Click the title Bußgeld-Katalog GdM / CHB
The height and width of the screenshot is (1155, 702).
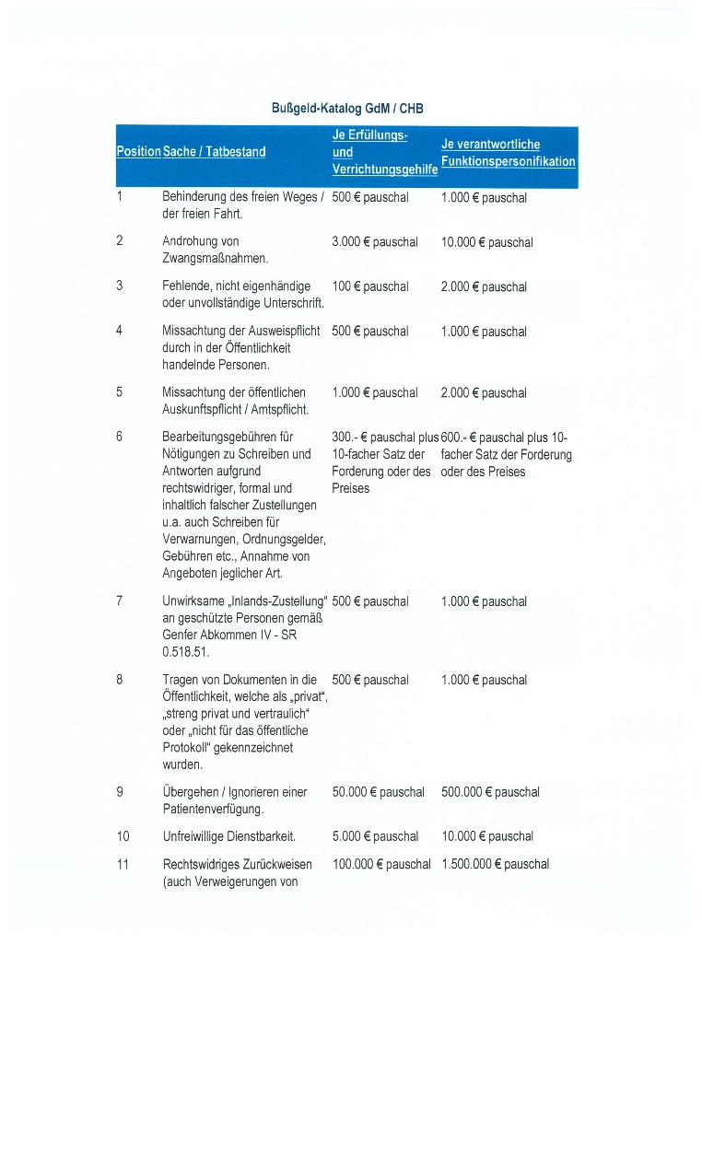346,109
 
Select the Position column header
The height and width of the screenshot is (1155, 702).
138,151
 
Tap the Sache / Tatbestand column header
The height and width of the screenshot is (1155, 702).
214,151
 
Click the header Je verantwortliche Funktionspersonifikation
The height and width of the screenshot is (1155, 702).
508,153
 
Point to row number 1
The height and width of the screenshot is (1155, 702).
120,197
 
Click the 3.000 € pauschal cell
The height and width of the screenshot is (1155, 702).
374,242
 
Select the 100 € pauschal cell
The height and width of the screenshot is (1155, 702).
369,286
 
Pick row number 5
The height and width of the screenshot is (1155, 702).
120,392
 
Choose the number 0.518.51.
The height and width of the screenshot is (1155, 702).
185,652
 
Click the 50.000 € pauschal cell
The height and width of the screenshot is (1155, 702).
378,792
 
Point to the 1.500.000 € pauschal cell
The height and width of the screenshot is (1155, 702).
495,864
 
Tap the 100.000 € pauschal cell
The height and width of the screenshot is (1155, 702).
380,864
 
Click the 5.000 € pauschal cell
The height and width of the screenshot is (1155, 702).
374,836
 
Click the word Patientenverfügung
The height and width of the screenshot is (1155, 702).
213,809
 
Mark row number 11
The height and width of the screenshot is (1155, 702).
123,864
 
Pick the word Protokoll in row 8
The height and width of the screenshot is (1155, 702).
186,747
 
